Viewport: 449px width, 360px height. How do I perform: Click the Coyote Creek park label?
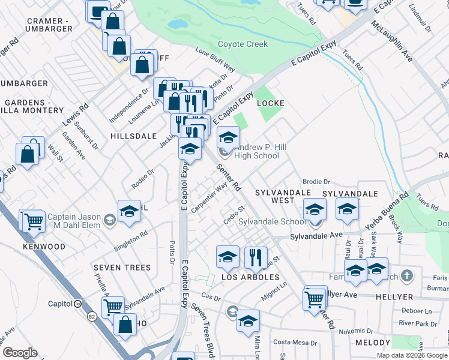[243, 44]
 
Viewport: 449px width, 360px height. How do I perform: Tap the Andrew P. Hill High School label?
[256, 151]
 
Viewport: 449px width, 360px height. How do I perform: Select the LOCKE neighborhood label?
[270, 103]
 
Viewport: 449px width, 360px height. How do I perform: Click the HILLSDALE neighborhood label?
[133, 137]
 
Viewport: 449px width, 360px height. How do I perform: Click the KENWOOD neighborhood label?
[44, 247]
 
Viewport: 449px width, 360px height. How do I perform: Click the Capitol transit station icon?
[78, 304]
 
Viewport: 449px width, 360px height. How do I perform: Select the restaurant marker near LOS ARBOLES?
[256, 257]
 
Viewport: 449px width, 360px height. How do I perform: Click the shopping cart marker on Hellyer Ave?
[315, 298]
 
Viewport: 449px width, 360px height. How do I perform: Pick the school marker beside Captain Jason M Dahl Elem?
[129, 211]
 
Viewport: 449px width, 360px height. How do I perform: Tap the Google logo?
[20, 353]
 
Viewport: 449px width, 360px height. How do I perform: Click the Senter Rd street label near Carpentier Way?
[229, 178]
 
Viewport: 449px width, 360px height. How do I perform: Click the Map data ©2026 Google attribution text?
[412, 355]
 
